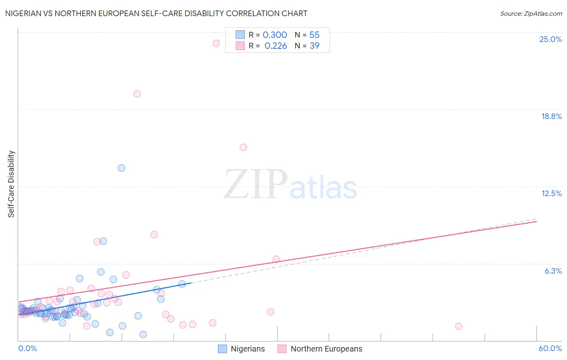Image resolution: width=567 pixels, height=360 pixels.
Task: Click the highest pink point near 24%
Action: coord(216,43)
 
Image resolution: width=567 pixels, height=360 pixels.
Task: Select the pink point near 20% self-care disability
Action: coord(137,94)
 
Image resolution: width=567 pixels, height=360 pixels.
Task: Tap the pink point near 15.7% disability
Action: coord(243,147)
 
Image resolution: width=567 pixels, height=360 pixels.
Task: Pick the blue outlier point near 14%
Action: coord(121,168)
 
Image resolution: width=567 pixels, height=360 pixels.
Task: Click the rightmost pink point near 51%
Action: coord(459,327)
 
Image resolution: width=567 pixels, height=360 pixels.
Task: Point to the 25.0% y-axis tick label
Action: coord(550,39)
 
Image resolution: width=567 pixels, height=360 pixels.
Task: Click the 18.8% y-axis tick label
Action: coord(551,116)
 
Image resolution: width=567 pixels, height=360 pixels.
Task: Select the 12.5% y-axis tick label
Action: coord(551,193)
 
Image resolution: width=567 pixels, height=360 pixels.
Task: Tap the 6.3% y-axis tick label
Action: coord(553,271)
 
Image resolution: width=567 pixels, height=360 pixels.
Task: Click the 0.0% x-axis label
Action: coord(27,348)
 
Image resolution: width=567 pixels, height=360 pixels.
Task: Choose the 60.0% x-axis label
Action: coord(550,348)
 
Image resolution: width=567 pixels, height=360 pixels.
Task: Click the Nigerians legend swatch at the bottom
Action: coord(222,349)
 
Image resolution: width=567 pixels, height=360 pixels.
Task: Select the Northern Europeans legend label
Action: coord(326,349)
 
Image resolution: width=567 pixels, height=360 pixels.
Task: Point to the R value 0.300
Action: coord(275,35)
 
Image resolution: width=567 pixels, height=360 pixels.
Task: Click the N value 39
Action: coord(314,46)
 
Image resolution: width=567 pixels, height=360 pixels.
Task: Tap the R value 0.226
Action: coord(275,46)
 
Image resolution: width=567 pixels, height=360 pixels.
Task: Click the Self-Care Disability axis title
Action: coord(11,184)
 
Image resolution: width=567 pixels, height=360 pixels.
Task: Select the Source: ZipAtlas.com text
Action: coord(531,14)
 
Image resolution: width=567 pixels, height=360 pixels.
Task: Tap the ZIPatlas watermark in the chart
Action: coord(290,184)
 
